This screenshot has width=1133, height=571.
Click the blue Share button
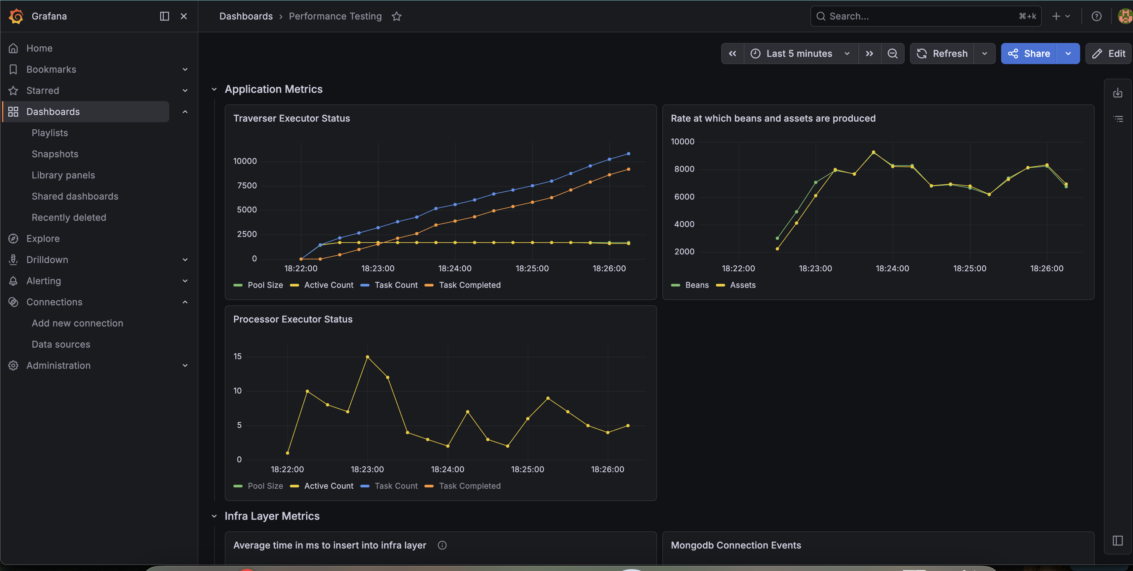[1029, 54]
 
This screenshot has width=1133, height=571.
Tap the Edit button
[1109, 54]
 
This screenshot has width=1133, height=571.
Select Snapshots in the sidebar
[55, 154]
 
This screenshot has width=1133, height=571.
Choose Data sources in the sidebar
[61, 344]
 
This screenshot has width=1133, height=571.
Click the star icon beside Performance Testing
[397, 16]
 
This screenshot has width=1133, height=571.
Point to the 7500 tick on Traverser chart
[247, 185]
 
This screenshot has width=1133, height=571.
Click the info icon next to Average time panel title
[442, 545]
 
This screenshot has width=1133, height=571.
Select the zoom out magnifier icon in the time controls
[892, 54]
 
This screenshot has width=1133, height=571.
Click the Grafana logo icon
[16, 16]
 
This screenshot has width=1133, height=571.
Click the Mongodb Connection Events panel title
[736, 545]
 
